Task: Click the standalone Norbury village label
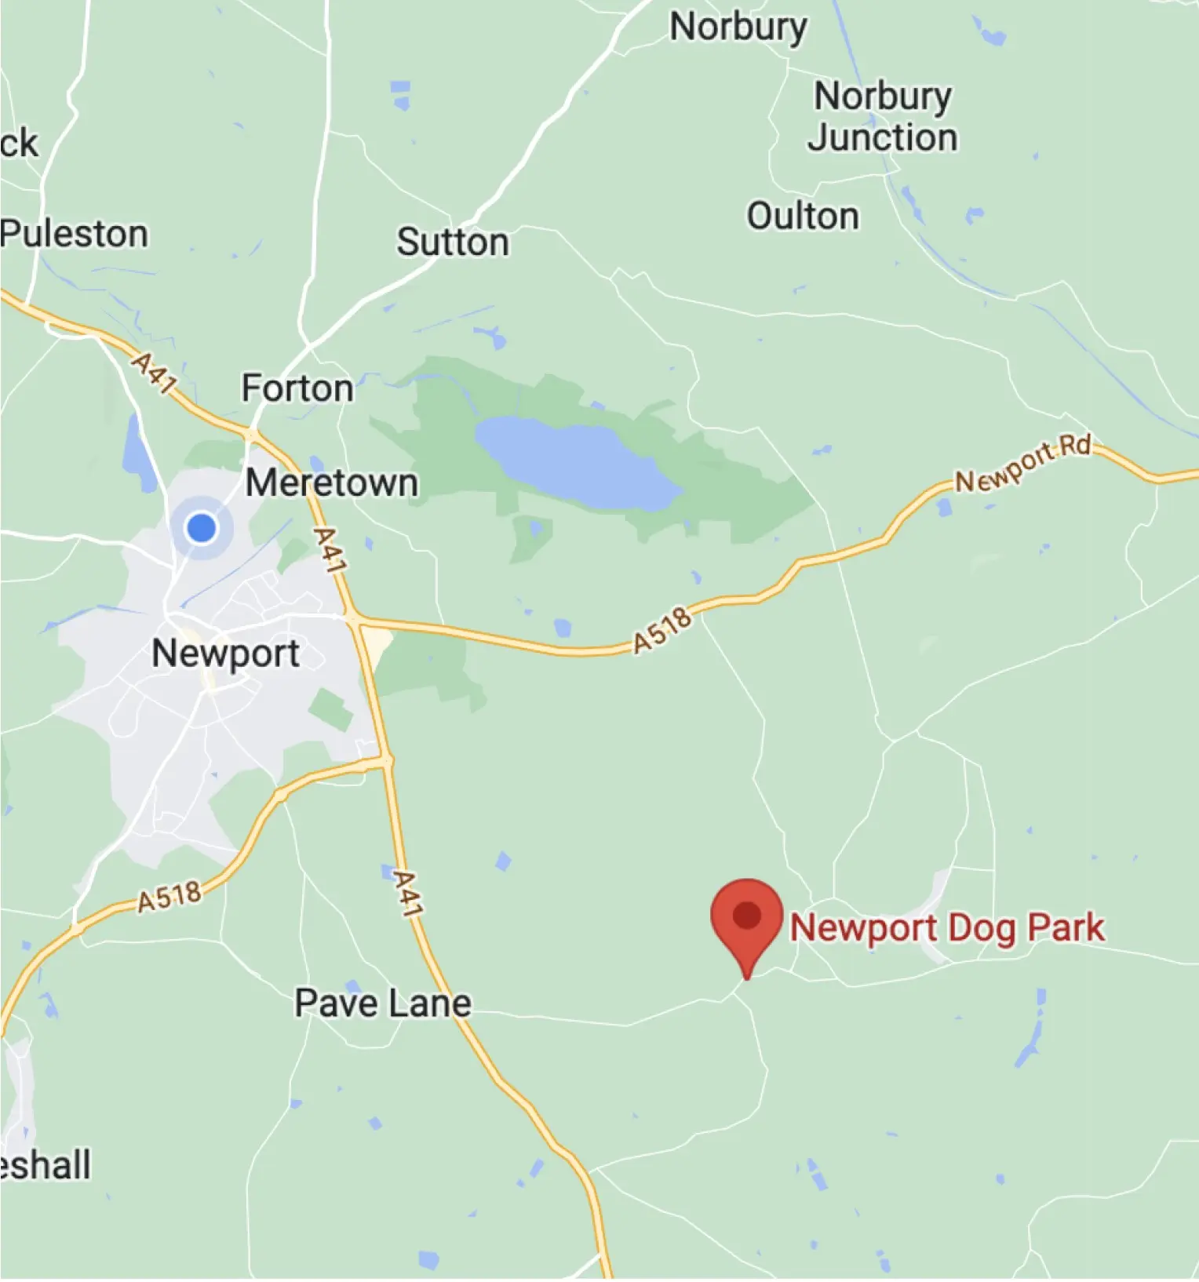click(x=738, y=28)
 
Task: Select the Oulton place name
click(x=802, y=217)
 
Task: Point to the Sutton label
click(x=452, y=242)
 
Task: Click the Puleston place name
click(x=75, y=234)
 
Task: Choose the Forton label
click(x=297, y=388)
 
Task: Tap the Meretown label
click(x=331, y=483)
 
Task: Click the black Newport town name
click(x=225, y=654)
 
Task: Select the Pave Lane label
click(x=383, y=1003)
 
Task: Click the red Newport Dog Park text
click(x=947, y=928)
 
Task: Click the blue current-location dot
click(x=202, y=527)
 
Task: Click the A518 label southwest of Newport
click(x=169, y=897)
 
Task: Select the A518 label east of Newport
click(x=664, y=630)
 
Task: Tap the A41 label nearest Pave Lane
click(x=408, y=894)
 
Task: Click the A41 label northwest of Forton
click(x=154, y=372)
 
